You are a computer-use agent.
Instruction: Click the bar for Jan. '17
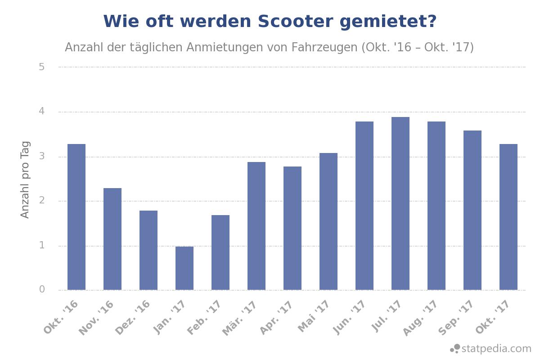point(184,268)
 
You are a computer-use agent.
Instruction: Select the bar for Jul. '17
point(400,203)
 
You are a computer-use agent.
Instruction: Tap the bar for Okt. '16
point(76,217)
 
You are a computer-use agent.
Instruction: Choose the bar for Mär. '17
point(256,226)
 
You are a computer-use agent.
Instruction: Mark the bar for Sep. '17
point(472,210)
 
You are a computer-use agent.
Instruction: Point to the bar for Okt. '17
point(508,217)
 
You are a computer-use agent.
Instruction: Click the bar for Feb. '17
point(220,252)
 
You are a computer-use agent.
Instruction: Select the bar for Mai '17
point(328,221)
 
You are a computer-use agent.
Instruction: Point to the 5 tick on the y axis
point(42,67)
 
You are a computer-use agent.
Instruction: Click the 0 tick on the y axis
point(42,289)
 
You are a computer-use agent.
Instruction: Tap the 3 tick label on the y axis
point(42,156)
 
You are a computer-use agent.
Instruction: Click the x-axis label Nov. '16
point(97,318)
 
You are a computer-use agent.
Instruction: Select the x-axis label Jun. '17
point(349,318)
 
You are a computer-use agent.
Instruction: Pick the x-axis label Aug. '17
point(420,318)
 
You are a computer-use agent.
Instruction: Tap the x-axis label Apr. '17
point(277,318)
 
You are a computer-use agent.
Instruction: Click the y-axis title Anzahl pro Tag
point(25,180)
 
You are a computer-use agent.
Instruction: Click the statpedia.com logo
point(491,349)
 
